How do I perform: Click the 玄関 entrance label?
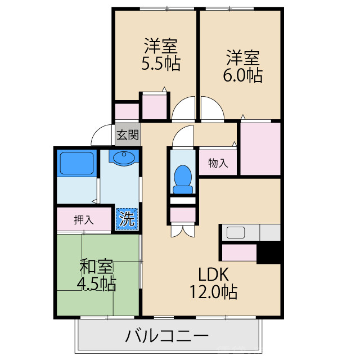pos(128,135)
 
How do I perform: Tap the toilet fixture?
pos(183,175)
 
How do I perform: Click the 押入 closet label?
pos(83,220)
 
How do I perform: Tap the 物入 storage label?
pos(218,163)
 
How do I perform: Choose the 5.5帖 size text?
pos(161,64)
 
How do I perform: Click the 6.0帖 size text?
pos(243,75)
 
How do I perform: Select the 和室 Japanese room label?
pos(97,265)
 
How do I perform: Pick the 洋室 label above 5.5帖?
pos(161,45)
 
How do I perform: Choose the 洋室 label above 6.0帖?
pos(243,57)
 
